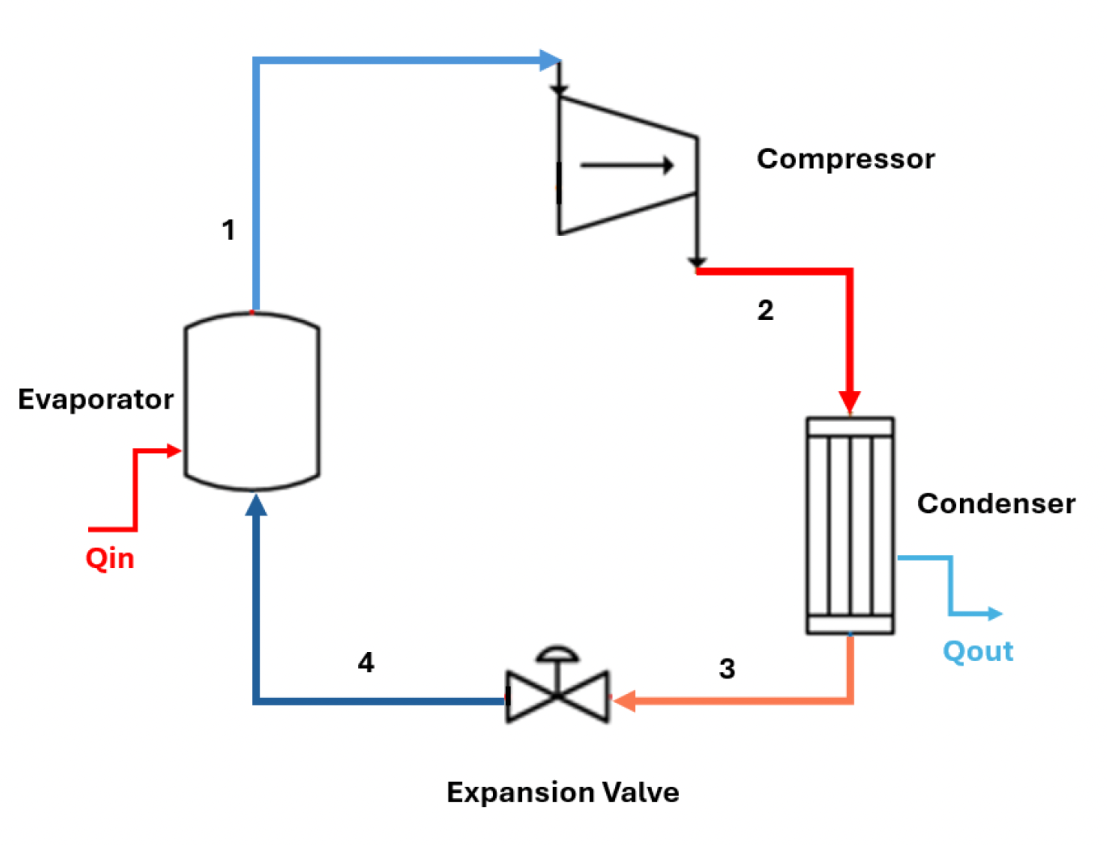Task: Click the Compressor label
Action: pyautogui.click(x=845, y=159)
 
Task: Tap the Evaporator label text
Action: pyautogui.click(x=95, y=399)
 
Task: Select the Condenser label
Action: pyautogui.click(x=995, y=504)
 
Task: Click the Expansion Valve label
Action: pyautogui.click(x=562, y=792)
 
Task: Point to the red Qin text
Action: pyautogui.click(x=110, y=558)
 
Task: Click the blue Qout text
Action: pyautogui.click(x=978, y=651)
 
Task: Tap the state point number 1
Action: pyautogui.click(x=229, y=230)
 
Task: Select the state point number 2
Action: pyautogui.click(x=765, y=310)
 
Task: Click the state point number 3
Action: pyautogui.click(x=727, y=669)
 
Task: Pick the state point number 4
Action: pyautogui.click(x=366, y=663)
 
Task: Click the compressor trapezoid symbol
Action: pyautogui.click(x=626, y=166)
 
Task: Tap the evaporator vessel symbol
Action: pyautogui.click(x=252, y=401)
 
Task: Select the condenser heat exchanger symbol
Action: pyautogui.click(x=850, y=525)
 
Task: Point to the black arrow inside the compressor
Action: pyautogui.click(x=627, y=166)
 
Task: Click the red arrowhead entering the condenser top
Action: pyautogui.click(x=849, y=401)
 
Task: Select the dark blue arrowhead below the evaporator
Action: pyautogui.click(x=256, y=506)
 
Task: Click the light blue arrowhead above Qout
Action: pyautogui.click(x=995, y=614)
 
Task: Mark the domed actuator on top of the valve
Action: pyautogui.click(x=558, y=654)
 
